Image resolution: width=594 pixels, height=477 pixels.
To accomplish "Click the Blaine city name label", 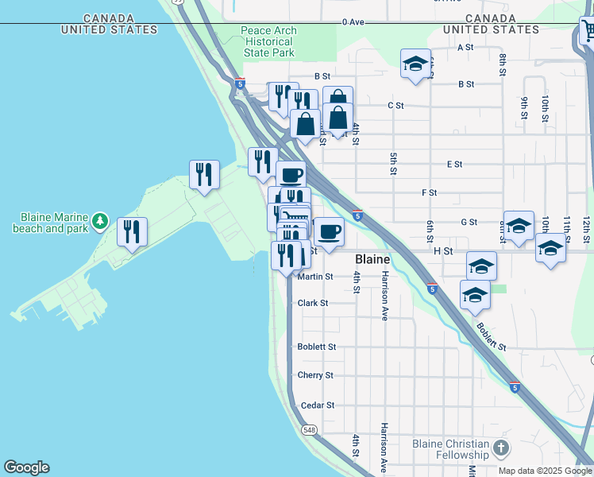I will coord(372,260).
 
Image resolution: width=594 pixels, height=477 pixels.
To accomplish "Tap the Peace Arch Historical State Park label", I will coord(268,42).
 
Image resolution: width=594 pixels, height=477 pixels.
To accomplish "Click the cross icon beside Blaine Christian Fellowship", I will coord(501,448).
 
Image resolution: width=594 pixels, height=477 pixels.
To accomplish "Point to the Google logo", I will coord(26,467).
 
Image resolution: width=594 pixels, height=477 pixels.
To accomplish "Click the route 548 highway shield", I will coord(309,429).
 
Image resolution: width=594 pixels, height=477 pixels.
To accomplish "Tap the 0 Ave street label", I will coord(353,22).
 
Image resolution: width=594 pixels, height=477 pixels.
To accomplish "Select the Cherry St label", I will coord(315,375).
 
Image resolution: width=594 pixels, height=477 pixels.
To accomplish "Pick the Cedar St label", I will coord(317,405).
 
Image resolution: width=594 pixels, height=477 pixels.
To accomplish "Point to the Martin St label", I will coord(315,277).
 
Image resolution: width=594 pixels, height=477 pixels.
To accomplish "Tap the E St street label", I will coord(454,165).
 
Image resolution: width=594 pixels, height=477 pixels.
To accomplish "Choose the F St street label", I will coord(430,192).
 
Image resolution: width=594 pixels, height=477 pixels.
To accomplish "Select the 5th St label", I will coord(393,163).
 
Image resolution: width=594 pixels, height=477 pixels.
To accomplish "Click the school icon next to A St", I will coord(415,64).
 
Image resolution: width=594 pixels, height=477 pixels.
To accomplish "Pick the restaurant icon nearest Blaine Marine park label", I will coord(132,231).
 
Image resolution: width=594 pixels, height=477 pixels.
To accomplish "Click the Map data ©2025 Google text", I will coord(545,471).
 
